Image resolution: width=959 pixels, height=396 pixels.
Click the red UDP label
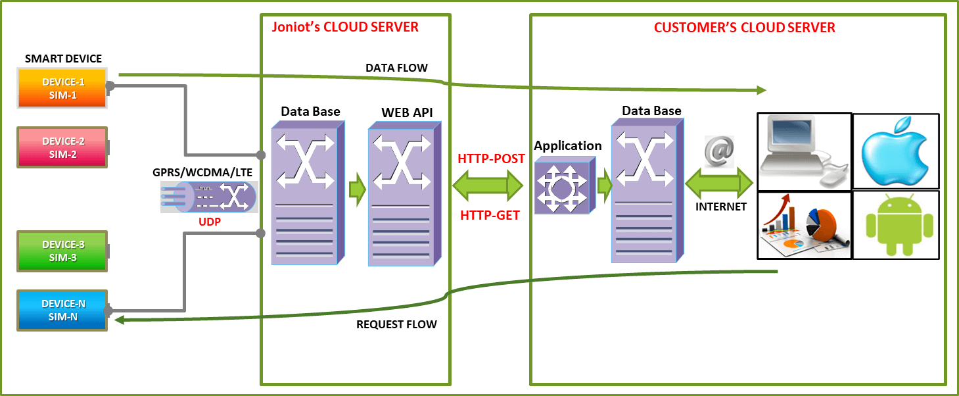pyautogui.click(x=210, y=222)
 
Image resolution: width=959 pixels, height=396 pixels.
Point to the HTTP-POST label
pyautogui.click(x=491, y=159)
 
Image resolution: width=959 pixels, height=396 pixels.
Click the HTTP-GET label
pyautogui.click(x=491, y=215)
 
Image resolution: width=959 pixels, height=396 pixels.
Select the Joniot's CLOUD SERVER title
pyautogui.click(x=345, y=27)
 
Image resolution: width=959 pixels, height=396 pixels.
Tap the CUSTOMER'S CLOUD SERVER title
pyautogui.click(x=745, y=28)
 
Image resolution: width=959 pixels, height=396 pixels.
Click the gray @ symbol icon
pyautogui.click(x=719, y=151)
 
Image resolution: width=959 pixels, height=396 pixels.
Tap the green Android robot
pyautogui.click(x=895, y=225)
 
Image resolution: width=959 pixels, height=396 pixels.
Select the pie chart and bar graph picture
pyautogui.click(x=804, y=225)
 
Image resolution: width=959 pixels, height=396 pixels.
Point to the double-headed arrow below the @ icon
pyautogui.click(x=719, y=182)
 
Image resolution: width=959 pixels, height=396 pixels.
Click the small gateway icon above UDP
pyautogui.click(x=209, y=197)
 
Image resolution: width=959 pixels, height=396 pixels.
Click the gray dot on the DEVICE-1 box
pyautogui.click(x=110, y=86)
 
